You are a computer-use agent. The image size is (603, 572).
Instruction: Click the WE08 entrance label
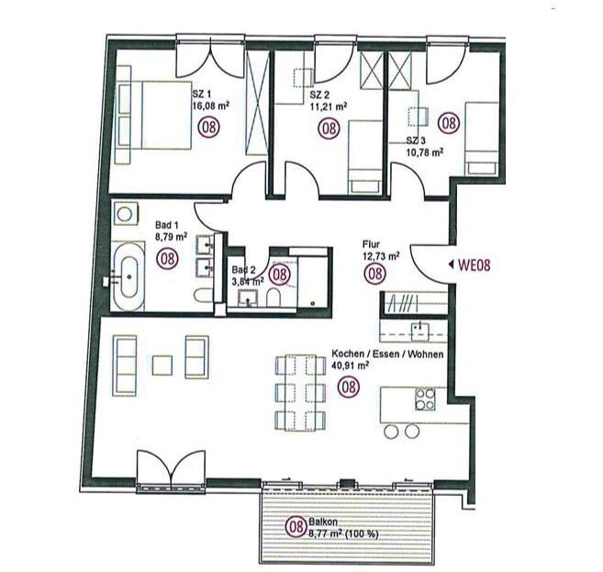[x=474, y=265]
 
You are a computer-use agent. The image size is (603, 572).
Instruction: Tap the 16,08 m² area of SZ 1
[x=211, y=106]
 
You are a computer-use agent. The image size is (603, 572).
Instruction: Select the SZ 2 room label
[x=318, y=95]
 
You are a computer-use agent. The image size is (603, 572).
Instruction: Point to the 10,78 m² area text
[x=425, y=152]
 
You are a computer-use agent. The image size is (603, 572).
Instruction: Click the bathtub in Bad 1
[x=129, y=276]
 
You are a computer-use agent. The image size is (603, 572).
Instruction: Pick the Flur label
[x=371, y=244]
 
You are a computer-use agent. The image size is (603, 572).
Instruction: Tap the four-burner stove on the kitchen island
[x=425, y=399]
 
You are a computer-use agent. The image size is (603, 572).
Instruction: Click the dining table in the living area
[x=301, y=393]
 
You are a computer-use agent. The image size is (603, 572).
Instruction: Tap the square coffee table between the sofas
[x=162, y=365]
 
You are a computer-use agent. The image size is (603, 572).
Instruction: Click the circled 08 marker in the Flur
[x=374, y=273]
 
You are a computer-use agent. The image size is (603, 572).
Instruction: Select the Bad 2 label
[x=243, y=270]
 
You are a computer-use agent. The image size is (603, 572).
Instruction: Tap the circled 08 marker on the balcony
[x=296, y=526]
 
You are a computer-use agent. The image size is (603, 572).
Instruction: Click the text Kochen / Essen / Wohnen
[x=387, y=353]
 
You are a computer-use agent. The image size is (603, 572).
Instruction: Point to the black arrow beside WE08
[x=451, y=264]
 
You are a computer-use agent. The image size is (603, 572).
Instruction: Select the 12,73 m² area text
[x=381, y=255]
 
